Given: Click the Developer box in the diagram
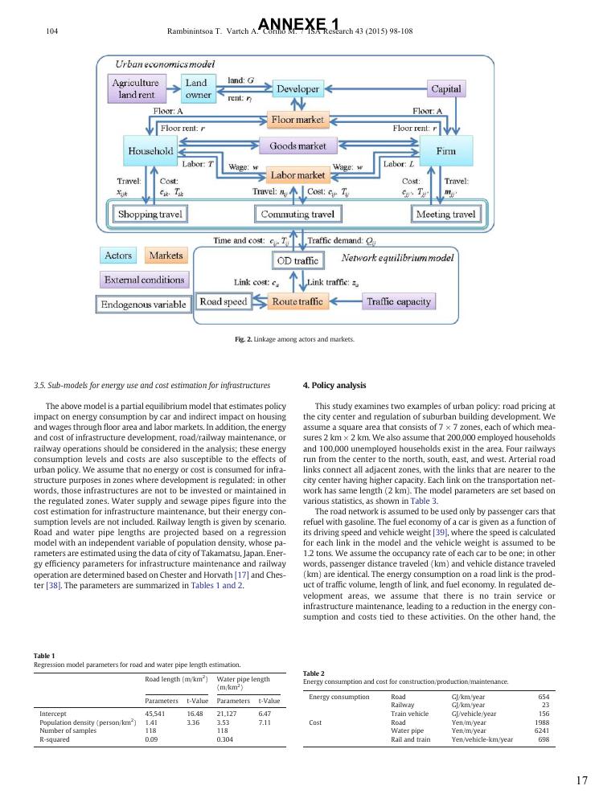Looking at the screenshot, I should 297,88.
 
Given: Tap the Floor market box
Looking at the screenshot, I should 297,120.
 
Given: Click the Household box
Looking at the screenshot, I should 150,150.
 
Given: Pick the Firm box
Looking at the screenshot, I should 445,150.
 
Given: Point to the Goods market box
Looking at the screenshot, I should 297,146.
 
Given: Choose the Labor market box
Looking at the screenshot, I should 297,174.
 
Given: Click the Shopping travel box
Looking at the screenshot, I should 151,215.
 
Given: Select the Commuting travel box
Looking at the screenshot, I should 297,215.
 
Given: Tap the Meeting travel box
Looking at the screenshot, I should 445,215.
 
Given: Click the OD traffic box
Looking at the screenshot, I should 297,260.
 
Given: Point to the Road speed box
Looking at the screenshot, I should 223,302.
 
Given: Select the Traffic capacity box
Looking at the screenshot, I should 399,302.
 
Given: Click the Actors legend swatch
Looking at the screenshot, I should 118,256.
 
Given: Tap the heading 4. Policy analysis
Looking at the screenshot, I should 334,385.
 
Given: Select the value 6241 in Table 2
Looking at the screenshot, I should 541,730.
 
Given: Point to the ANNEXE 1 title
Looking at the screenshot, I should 299,25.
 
